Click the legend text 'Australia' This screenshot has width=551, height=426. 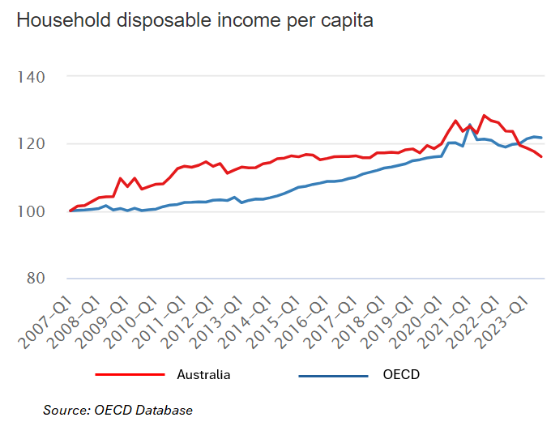[x=203, y=374]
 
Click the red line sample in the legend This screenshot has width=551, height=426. [x=130, y=374]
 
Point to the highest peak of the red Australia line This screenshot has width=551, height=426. [x=484, y=115]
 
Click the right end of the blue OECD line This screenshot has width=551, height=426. [x=541, y=138]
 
